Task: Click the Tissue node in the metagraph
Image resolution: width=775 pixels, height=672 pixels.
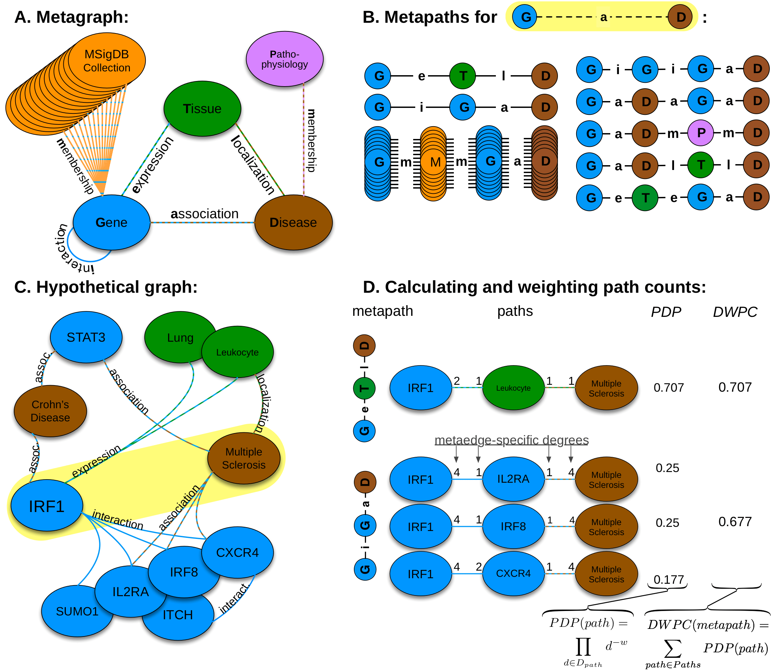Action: [x=202, y=109]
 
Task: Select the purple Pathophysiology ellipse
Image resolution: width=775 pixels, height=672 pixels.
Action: [x=284, y=59]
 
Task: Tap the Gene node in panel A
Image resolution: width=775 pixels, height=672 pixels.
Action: [x=111, y=222]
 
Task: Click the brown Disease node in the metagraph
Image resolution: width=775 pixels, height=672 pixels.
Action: [x=293, y=222]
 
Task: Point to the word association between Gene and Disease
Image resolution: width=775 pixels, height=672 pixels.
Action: [x=205, y=214]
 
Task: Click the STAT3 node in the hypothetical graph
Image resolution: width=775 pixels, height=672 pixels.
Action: [x=86, y=337]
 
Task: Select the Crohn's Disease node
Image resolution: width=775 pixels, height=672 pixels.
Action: [x=50, y=411]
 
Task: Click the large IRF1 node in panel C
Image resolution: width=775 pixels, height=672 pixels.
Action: [x=47, y=506]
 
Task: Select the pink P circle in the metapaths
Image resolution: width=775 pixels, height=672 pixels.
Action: [x=701, y=133]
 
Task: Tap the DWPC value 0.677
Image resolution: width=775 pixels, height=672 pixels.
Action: [x=735, y=522]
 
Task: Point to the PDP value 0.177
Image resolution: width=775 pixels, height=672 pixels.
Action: [x=669, y=580]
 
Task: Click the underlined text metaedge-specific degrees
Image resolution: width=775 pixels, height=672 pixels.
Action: [x=511, y=440]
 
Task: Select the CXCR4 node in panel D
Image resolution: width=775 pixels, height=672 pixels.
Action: [x=513, y=573]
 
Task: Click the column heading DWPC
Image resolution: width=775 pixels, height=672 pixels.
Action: [x=735, y=312]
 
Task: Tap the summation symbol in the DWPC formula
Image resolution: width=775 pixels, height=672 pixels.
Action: [x=672, y=649]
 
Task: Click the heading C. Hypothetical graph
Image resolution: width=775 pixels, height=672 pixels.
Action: [x=106, y=287]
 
